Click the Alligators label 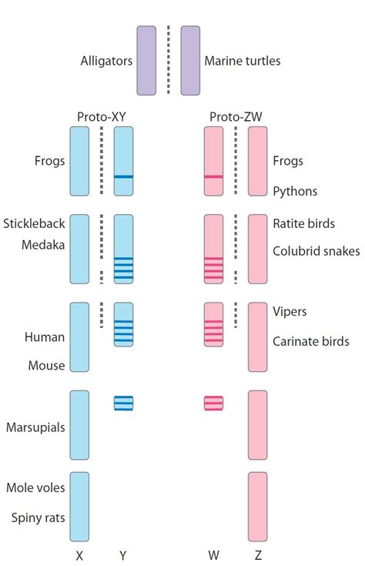click(x=105, y=59)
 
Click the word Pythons click(x=295, y=190)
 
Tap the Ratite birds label click(x=303, y=224)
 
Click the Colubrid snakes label click(x=316, y=251)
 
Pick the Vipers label click(x=290, y=311)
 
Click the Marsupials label click(x=35, y=426)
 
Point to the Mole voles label click(x=35, y=487)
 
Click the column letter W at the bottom click(x=213, y=554)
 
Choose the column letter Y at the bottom click(x=123, y=554)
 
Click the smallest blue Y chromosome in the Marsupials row click(x=123, y=403)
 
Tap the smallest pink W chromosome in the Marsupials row click(x=213, y=403)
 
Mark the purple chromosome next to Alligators click(x=146, y=59)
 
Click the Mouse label click(x=46, y=366)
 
